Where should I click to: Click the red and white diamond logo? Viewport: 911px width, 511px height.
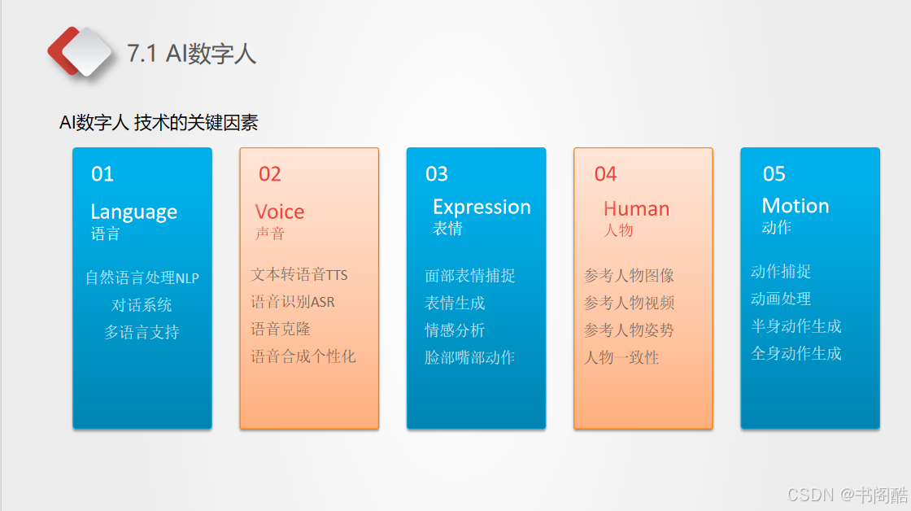(79, 52)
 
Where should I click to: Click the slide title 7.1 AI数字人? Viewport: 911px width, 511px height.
(192, 54)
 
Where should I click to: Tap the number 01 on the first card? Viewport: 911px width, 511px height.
(102, 174)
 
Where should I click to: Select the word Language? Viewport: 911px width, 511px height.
(133, 212)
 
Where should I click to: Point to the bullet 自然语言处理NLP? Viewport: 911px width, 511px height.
(142, 277)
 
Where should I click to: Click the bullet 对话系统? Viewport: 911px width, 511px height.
(142, 304)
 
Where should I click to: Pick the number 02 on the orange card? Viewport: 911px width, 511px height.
(269, 174)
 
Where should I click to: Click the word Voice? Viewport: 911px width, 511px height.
(280, 212)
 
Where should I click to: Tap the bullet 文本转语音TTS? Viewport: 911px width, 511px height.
(299, 274)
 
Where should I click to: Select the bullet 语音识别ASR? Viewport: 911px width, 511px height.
(293, 302)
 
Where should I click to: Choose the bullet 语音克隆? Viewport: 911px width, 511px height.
(281, 329)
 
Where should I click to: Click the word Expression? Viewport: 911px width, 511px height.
(482, 207)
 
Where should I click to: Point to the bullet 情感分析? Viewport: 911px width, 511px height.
(455, 330)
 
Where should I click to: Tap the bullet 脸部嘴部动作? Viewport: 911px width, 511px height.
(470, 357)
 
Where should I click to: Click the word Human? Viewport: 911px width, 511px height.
(636, 208)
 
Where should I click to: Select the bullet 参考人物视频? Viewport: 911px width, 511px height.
(630, 303)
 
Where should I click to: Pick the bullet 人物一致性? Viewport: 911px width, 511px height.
(621, 357)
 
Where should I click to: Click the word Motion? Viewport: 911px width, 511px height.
(795, 206)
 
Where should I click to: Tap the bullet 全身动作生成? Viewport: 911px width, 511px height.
(796, 353)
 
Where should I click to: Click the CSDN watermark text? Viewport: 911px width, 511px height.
(847, 495)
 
